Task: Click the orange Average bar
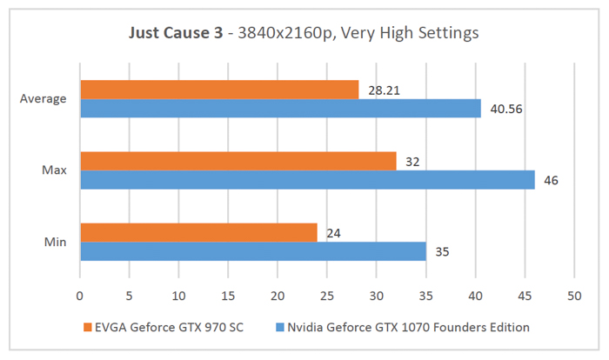tap(219, 90)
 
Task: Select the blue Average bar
tap(280, 108)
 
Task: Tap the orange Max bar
tap(238, 161)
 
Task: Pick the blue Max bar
tap(307, 179)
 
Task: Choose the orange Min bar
tap(198, 232)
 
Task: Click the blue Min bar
tap(252, 250)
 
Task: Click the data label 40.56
tap(502, 109)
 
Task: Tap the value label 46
tap(550, 180)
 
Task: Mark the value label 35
tap(441, 251)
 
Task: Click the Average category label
tap(43, 98)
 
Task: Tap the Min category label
tap(55, 242)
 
